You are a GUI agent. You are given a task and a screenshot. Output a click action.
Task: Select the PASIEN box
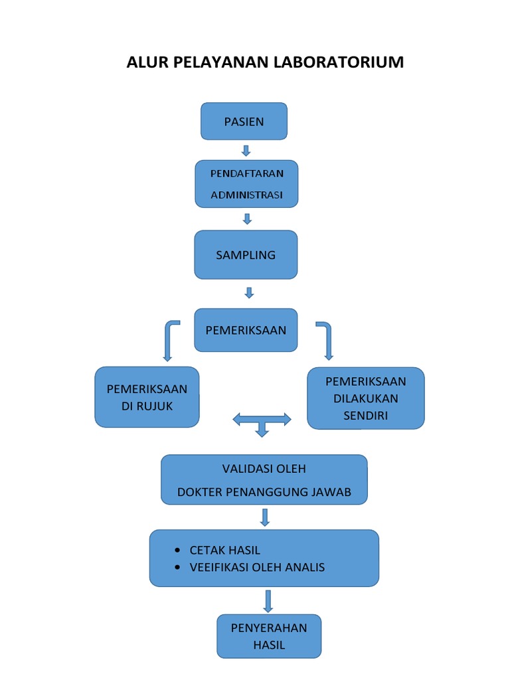pos(244,122)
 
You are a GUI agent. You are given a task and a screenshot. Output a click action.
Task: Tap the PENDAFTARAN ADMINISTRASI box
pos(246,184)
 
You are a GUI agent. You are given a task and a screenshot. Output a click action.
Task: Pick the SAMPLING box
pos(246,255)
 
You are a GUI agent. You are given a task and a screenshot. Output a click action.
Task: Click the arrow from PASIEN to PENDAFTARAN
pos(246,151)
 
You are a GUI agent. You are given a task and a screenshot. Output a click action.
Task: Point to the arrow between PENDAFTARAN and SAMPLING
pos(247,218)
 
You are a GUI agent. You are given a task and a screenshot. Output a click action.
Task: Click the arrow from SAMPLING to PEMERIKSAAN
pos(250,292)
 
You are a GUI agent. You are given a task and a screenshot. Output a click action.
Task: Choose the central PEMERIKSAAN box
pos(246,330)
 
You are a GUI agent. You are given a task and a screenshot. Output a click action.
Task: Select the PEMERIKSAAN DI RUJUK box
pos(147,397)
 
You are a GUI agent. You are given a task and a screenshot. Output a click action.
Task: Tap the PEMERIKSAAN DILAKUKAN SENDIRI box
pos(365,398)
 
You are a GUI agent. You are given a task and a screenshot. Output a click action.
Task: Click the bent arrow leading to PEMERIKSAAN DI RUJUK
pos(169,338)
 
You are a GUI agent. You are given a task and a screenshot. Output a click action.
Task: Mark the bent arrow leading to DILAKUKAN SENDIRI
pos(325,338)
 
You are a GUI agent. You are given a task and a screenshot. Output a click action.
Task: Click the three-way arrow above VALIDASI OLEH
pos(262,422)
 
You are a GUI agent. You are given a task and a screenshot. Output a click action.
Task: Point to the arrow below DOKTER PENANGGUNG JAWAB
pos(264,517)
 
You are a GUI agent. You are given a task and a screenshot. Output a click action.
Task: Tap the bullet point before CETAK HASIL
pos(177,551)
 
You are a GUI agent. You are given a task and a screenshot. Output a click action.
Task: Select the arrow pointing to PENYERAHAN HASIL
pos(268,600)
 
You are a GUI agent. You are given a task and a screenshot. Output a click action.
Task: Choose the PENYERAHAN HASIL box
pos(269,636)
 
